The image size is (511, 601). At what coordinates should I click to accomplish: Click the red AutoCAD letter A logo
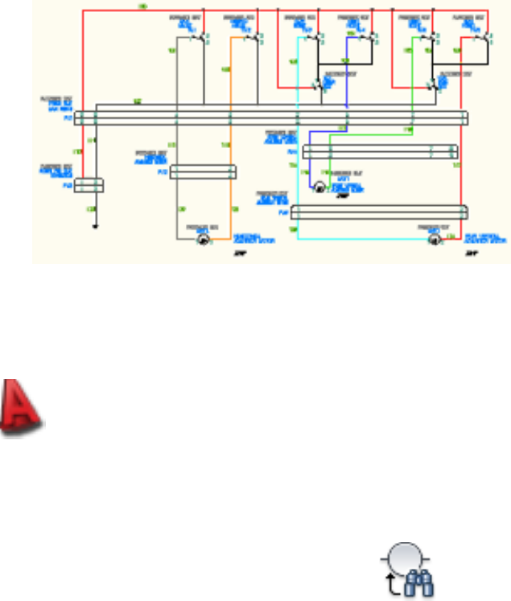(22, 410)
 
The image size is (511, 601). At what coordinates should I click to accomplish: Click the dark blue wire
(347, 89)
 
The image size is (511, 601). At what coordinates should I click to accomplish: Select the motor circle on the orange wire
(203, 239)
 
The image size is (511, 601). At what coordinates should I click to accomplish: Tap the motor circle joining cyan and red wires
(434, 239)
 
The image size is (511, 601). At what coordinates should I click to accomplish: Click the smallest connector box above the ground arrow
(89, 185)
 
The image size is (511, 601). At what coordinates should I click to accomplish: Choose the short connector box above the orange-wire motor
(203, 172)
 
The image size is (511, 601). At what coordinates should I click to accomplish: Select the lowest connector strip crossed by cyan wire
(379, 212)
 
